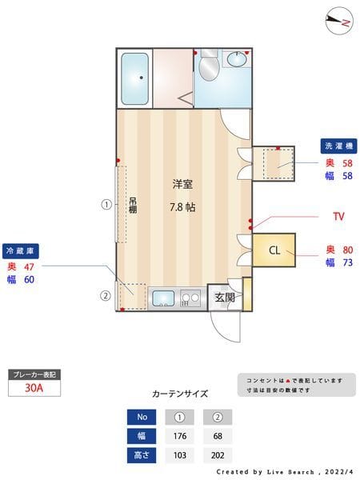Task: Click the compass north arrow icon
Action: point(340,22)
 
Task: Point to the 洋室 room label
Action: point(182,184)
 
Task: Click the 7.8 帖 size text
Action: point(182,207)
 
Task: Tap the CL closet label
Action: point(274,250)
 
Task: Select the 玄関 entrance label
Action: point(225,298)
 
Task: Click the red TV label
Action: point(338,217)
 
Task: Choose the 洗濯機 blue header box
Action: point(338,146)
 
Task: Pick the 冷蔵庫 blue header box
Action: point(21,250)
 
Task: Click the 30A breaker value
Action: point(34,388)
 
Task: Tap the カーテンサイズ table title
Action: point(180,394)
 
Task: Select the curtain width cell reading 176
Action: point(179,436)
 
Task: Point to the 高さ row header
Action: point(142,455)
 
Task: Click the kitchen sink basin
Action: point(163,299)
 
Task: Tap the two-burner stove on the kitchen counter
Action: point(190,298)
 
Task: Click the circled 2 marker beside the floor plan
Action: point(105,294)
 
